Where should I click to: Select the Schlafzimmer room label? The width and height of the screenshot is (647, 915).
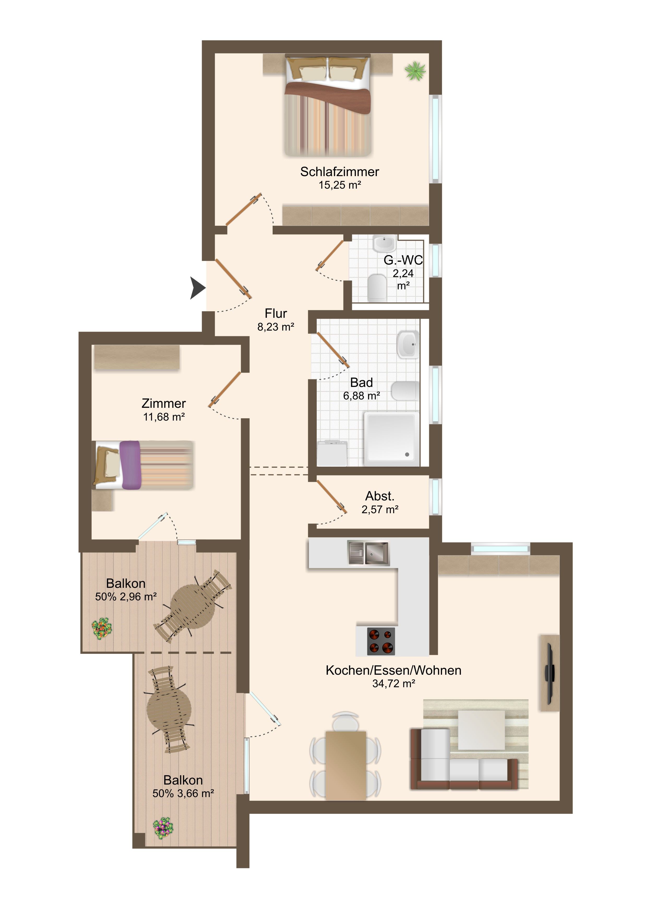[339, 172]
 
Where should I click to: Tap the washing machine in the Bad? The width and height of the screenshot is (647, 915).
[332, 453]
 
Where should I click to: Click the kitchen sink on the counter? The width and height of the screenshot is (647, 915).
[368, 553]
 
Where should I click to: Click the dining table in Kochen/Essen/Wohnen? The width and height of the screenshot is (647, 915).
[346, 766]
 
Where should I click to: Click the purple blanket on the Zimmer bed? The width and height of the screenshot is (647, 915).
[130, 465]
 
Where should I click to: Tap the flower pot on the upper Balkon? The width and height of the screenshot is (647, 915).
[102, 629]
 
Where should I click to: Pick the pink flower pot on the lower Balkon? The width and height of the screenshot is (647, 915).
[163, 829]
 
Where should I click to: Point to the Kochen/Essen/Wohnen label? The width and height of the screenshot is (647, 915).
[394, 670]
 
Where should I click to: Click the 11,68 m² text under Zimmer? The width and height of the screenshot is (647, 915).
[164, 417]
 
